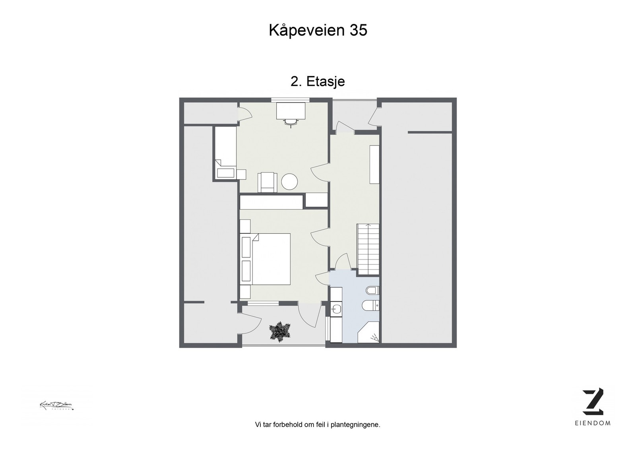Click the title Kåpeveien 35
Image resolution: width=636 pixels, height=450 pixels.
(318, 30)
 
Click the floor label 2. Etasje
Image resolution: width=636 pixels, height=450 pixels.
(318, 81)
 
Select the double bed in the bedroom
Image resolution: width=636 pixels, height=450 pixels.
(270, 259)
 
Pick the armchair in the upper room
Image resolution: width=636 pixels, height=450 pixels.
(268, 182)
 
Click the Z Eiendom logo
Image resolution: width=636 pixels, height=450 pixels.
(593, 402)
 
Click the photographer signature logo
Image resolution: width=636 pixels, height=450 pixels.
(56, 405)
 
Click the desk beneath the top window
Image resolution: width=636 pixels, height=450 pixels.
(291, 110)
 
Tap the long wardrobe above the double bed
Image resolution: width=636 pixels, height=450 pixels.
(271, 202)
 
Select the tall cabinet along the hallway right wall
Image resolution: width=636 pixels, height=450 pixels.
(374, 165)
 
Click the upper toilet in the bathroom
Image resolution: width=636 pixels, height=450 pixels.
(373, 291)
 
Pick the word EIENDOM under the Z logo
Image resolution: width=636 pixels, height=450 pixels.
(593, 423)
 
